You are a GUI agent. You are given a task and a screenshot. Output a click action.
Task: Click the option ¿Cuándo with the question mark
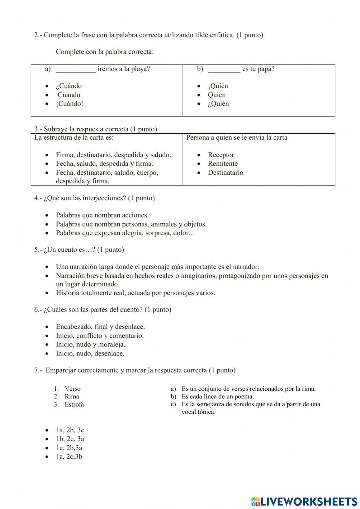(68, 86)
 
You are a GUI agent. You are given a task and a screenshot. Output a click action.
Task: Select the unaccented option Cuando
(69, 95)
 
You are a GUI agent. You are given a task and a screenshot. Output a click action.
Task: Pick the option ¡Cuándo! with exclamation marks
(69, 104)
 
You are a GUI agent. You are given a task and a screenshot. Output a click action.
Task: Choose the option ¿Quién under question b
(218, 104)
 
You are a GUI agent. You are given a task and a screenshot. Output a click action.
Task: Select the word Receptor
(221, 155)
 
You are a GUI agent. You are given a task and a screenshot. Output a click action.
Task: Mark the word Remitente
(222, 164)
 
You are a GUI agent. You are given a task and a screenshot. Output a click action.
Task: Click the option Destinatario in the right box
(225, 173)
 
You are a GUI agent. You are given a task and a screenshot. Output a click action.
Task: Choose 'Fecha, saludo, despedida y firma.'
(104, 164)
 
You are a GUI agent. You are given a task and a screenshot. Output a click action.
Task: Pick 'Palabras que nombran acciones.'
(102, 215)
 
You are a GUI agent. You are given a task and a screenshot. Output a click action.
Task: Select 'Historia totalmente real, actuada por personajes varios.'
(135, 293)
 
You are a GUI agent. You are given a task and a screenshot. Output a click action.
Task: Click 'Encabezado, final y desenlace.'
(100, 327)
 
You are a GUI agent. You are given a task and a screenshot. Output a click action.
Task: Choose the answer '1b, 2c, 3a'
(70, 439)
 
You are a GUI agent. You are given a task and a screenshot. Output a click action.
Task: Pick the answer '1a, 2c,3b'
(69, 457)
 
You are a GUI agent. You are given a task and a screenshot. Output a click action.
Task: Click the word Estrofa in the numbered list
(74, 405)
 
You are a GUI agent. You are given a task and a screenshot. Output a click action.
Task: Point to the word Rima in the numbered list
(72, 397)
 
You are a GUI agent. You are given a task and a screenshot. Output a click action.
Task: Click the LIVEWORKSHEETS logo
(304, 501)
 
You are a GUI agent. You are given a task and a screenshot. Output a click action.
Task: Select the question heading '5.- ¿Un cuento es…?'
(79, 250)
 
